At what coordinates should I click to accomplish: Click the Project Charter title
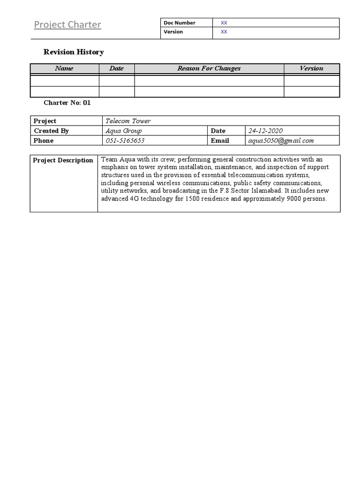(67, 25)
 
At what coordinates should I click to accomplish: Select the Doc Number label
(180, 23)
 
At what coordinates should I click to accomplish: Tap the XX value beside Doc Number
(224, 23)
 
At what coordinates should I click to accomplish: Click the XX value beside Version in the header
(224, 32)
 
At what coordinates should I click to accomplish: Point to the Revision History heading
(74, 52)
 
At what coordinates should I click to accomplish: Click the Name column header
(64, 68)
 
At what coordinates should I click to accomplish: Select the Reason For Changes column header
(209, 68)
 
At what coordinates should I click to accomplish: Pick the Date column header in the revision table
(116, 68)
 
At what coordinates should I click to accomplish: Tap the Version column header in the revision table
(311, 68)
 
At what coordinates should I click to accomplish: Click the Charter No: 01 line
(67, 103)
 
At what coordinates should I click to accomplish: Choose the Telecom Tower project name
(128, 121)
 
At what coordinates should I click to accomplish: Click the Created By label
(52, 131)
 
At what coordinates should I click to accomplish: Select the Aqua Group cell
(124, 131)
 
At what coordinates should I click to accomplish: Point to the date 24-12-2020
(265, 131)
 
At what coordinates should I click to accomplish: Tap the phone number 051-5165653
(125, 141)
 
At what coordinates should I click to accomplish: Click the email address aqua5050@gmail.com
(281, 141)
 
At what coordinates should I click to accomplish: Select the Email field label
(220, 141)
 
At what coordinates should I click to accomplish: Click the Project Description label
(63, 160)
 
